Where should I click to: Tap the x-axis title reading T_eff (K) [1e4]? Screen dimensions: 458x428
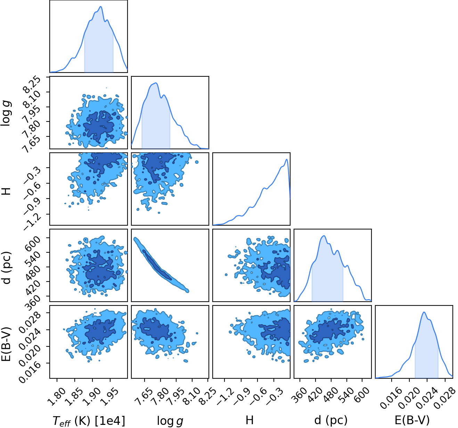click(x=89, y=420)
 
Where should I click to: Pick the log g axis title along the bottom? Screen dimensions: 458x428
click(x=170, y=421)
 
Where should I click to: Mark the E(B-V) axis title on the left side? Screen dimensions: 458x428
click(x=7, y=344)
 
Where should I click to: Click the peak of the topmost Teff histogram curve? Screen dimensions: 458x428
click(x=101, y=7)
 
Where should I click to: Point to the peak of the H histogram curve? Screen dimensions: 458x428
click(x=287, y=159)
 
